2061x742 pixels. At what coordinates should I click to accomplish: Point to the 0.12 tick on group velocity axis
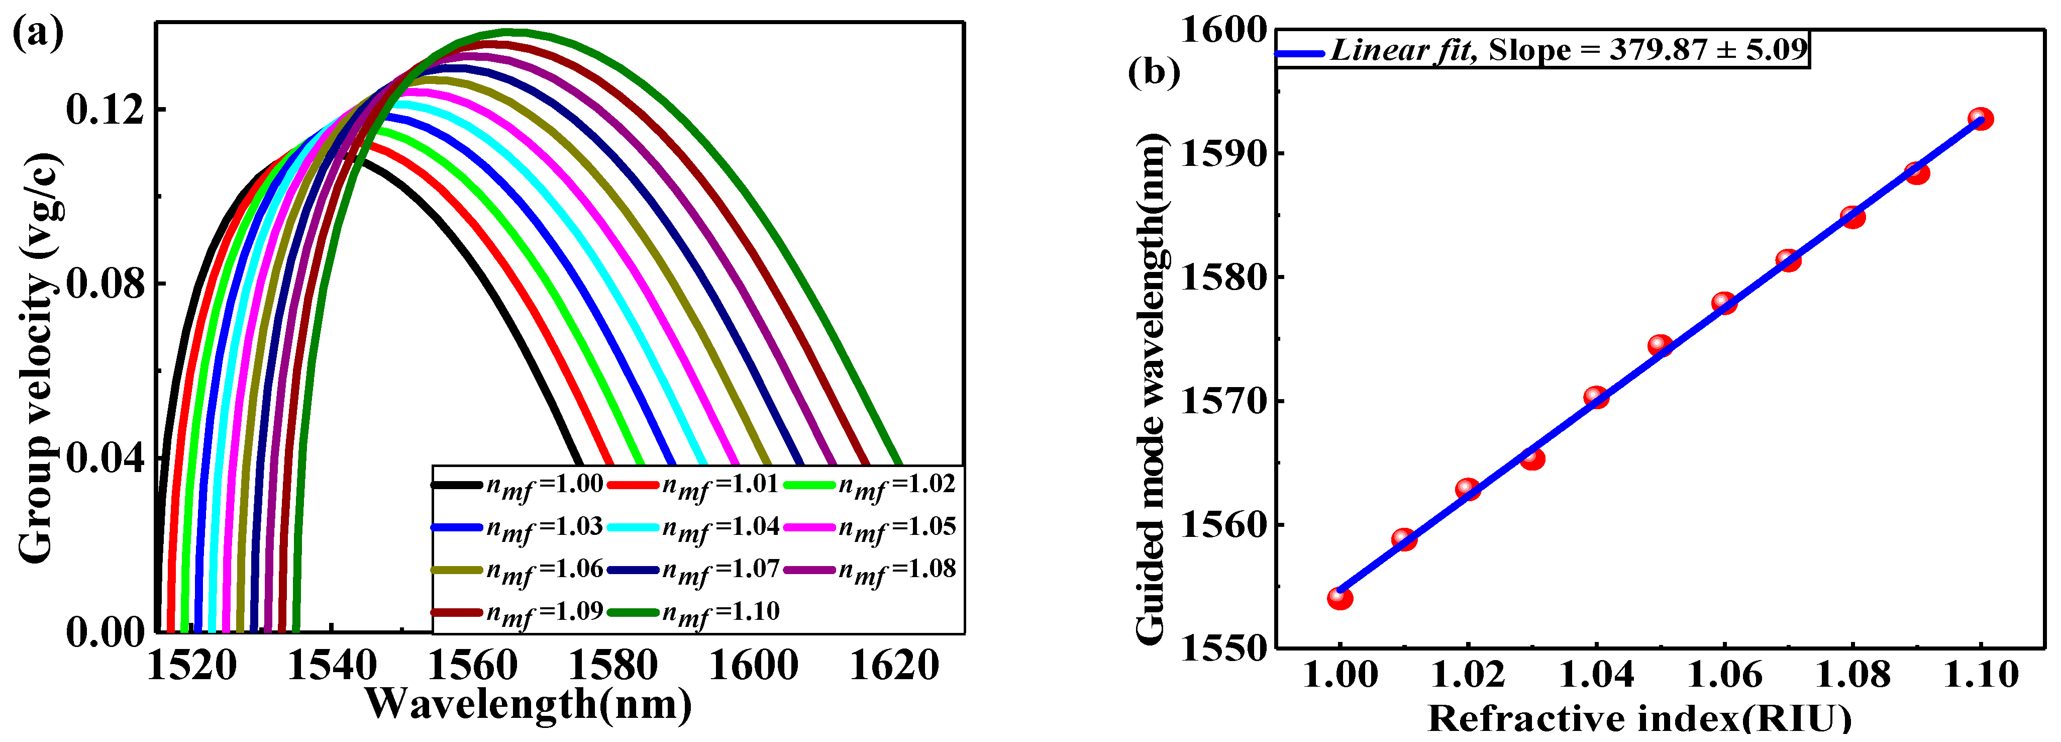[x=106, y=109]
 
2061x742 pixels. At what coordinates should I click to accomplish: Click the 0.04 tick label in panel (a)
[x=106, y=458]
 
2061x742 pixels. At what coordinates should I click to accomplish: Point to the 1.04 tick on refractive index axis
[x=1596, y=675]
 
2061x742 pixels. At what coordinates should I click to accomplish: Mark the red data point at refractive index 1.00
[x=1340, y=598]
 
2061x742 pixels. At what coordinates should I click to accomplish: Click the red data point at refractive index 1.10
[x=1980, y=119]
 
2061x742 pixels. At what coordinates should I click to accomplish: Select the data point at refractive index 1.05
[x=1660, y=345]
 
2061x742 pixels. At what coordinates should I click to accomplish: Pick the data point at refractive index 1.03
[x=1532, y=458]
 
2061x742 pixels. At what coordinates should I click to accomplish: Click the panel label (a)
[x=38, y=34]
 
